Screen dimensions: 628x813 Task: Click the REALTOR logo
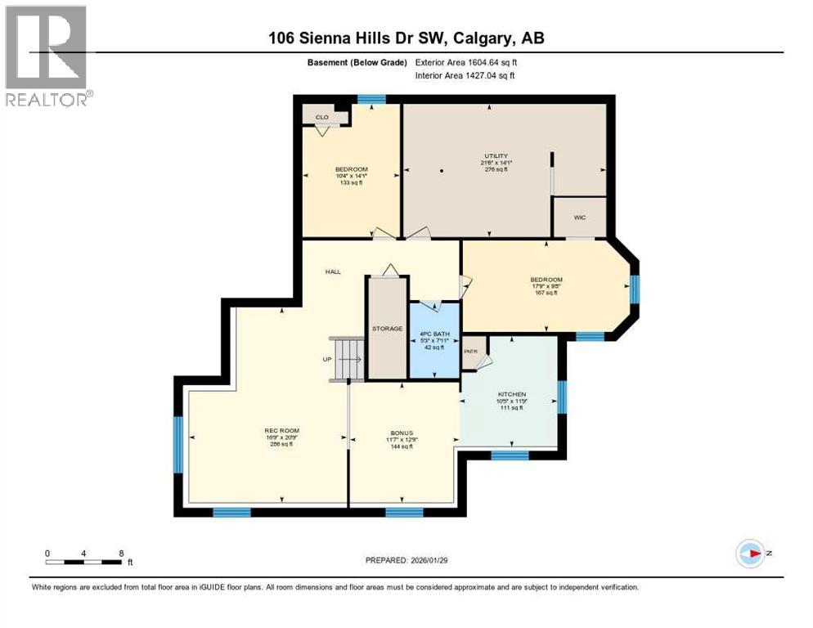click(46, 56)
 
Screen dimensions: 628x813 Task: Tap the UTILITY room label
click(495, 155)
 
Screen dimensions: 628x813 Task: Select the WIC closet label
click(579, 218)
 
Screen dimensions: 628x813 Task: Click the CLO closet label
click(322, 117)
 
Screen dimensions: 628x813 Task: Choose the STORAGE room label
click(387, 329)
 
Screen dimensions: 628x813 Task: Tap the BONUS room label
click(401, 433)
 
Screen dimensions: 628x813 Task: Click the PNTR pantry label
click(469, 352)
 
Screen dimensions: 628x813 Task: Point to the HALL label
click(332, 271)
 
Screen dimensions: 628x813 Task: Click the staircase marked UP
click(347, 359)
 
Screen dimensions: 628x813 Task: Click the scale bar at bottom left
click(85, 562)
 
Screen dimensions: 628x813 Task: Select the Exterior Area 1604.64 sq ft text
click(466, 62)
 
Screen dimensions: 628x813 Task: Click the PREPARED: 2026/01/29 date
click(406, 560)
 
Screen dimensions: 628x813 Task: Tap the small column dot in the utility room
click(441, 171)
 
